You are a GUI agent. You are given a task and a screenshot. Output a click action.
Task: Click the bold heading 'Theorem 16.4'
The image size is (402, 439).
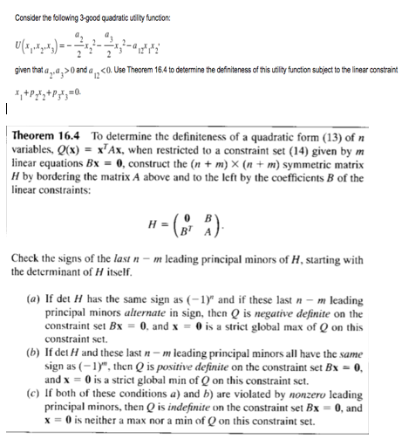[x=50, y=140]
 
